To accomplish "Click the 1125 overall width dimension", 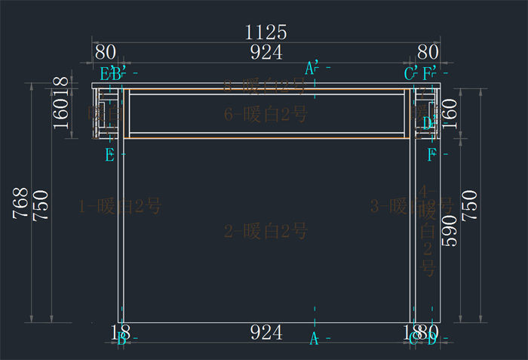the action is click(266, 32).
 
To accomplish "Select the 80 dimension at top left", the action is click(106, 52).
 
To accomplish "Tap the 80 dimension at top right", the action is click(428, 52).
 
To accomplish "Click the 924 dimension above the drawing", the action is click(266, 52).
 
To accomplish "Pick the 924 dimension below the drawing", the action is click(266, 331).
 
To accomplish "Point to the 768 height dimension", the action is click(21, 204).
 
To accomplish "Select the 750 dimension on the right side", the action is click(469, 205).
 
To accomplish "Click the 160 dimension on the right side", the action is click(450, 112).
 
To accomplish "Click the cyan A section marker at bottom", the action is click(314, 340).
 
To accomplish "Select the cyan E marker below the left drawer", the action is click(110, 155).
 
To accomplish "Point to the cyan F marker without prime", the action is click(431, 155).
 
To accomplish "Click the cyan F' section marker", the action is click(431, 73).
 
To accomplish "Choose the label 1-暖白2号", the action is click(120, 205).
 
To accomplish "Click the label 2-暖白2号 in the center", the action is click(266, 232).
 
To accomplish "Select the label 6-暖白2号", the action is click(266, 115).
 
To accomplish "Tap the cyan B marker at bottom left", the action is click(121, 339).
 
